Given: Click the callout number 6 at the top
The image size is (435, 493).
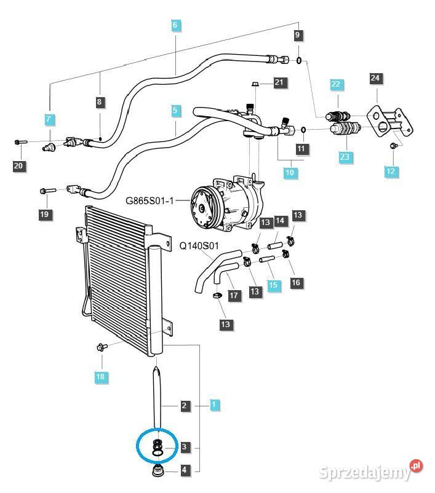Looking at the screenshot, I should click(x=175, y=25).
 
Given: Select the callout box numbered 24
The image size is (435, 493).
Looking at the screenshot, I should click(x=375, y=78).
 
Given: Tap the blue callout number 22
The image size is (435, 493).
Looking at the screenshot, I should click(x=335, y=84).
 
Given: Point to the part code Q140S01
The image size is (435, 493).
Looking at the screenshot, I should click(x=199, y=245).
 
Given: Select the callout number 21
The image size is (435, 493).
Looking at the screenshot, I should click(x=279, y=82).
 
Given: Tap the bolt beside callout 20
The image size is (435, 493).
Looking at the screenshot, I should click(x=20, y=142).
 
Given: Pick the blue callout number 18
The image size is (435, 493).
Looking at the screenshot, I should click(x=100, y=376).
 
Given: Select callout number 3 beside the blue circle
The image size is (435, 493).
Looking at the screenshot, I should click(x=184, y=447).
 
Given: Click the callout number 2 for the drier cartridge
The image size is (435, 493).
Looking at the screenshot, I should click(x=184, y=405).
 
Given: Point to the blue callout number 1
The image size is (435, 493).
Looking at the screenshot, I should click(x=214, y=405).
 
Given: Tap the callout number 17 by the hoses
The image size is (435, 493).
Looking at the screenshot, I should click(x=234, y=296).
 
